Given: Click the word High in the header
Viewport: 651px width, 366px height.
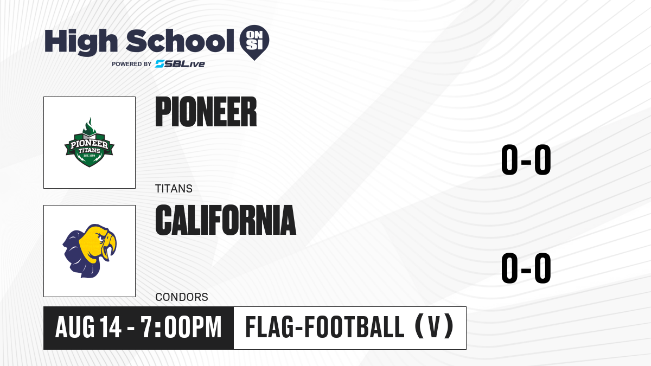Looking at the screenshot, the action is tap(81, 42).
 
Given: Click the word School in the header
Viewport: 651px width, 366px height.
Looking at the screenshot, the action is tap(180, 41).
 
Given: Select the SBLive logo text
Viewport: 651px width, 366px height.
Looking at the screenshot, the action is tap(180, 64).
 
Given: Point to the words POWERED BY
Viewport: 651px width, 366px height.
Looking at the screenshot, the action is tap(132, 64).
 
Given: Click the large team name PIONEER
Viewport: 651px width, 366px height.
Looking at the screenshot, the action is tap(206, 112).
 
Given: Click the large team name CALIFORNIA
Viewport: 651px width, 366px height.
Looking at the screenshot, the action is tap(226, 220).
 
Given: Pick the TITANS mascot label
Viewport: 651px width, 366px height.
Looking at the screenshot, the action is tap(174, 189).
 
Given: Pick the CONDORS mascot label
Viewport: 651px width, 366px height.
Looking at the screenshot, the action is tap(182, 297).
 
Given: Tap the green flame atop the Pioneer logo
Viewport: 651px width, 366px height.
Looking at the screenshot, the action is tap(89, 126).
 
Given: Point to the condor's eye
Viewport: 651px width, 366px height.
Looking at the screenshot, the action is tap(101, 239).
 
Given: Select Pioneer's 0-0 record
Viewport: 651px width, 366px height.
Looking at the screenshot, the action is tap(526, 159).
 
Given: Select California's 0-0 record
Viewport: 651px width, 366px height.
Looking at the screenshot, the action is tap(526, 268).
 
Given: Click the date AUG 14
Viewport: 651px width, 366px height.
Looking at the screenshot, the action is tap(88, 328).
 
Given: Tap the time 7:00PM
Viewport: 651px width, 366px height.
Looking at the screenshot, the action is tap(181, 328).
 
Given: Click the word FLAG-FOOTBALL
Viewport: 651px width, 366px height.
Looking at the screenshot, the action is tap(325, 327).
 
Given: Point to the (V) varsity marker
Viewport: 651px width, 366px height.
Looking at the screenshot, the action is tap(435, 327).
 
